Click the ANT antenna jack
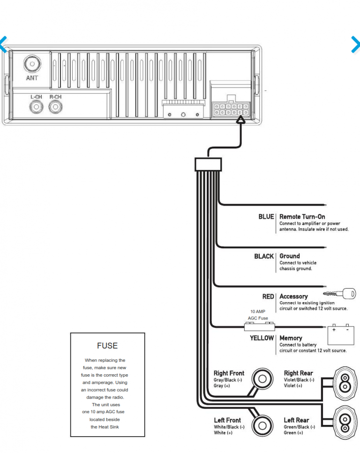32,63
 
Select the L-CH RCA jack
36,107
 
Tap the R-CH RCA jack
55,107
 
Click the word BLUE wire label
266,217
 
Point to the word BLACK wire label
264,256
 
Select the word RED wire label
268,297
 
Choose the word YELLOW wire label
262,338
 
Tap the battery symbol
340,334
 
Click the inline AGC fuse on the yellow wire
257,326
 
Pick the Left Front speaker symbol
262,426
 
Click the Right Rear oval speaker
345,383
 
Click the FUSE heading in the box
107,346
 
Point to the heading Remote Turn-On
302,217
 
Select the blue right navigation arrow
355,44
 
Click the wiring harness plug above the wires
208,164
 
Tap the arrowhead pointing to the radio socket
240,120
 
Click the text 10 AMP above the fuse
257,311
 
